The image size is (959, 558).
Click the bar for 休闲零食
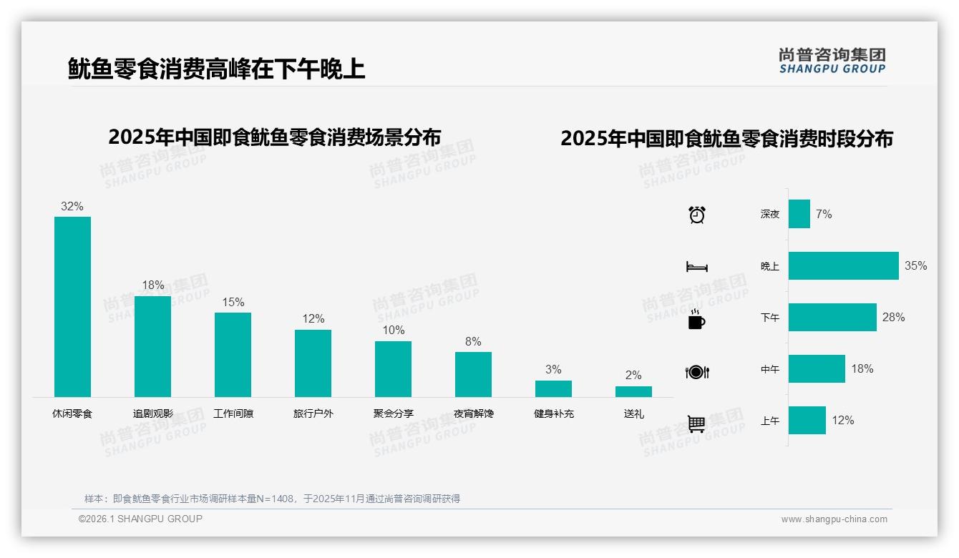tap(72, 306)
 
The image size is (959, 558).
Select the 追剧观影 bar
tap(152, 346)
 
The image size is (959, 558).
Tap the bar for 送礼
tap(633, 391)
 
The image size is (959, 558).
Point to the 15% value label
tap(233, 303)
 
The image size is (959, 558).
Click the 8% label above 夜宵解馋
tap(473, 342)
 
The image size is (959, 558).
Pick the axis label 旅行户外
tap(313, 413)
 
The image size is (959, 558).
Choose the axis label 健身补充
tap(553, 413)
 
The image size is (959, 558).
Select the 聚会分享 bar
tap(393, 368)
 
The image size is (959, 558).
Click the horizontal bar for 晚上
tap(843, 265)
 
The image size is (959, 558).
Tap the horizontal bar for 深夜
tap(799, 214)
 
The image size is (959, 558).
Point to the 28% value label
tap(893, 317)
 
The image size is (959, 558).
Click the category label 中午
tap(770, 369)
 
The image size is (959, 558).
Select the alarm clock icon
tap(696, 215)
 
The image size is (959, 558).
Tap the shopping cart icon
tap(696, 424)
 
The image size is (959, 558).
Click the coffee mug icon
tap(696, 319)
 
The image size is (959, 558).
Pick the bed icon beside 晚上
tap(696, 267)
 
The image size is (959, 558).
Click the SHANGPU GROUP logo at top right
tap(832, 61)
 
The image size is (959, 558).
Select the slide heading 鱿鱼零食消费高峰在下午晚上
tap(216, 69)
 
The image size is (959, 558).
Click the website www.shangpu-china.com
tap(834, 519)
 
